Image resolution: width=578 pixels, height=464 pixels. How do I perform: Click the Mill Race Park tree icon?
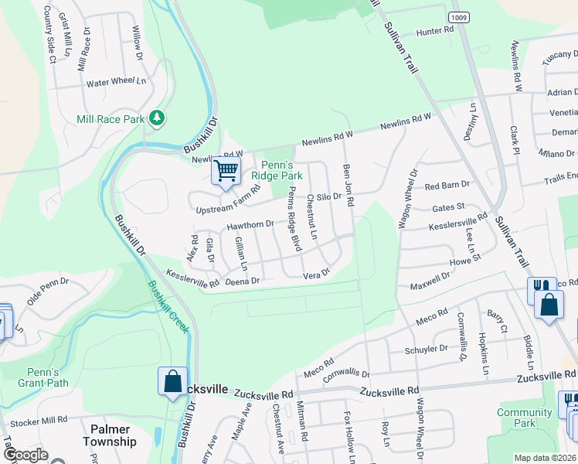(158, 117)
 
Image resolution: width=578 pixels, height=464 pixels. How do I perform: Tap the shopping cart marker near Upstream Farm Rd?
(226, 170)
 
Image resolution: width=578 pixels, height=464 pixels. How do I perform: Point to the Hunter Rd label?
(435, 31)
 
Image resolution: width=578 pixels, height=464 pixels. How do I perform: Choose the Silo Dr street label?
(328, 197)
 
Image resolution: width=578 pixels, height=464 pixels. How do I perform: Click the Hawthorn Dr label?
(250, 225)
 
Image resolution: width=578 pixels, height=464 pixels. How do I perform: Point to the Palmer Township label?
(114, 435)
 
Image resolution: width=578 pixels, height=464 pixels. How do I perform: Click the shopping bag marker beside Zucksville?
(172, 382)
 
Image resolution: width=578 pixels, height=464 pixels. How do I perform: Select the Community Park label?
(525, 418)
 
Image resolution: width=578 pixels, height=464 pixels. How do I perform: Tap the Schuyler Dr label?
(427, 349)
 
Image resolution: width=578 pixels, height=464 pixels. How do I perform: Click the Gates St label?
(448, 207)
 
